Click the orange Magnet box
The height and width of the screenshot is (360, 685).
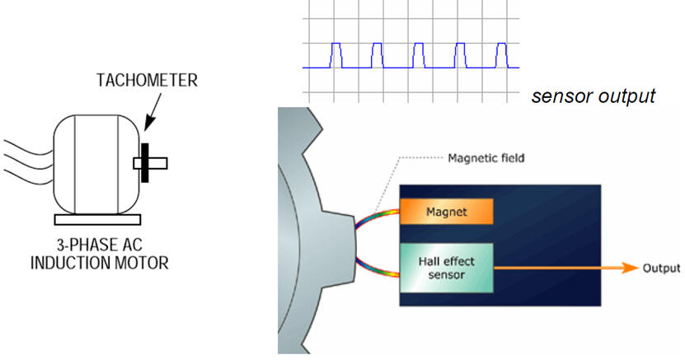point(446,212)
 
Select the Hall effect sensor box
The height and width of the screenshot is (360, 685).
point(446,268)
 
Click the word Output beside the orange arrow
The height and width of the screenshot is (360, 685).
point(662,269)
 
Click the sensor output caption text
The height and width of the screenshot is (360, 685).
point(594,96)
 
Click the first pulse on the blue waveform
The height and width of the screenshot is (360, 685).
point(336,54)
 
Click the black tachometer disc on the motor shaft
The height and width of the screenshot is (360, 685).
point(144,162)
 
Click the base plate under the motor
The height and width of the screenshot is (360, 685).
point(96,220)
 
